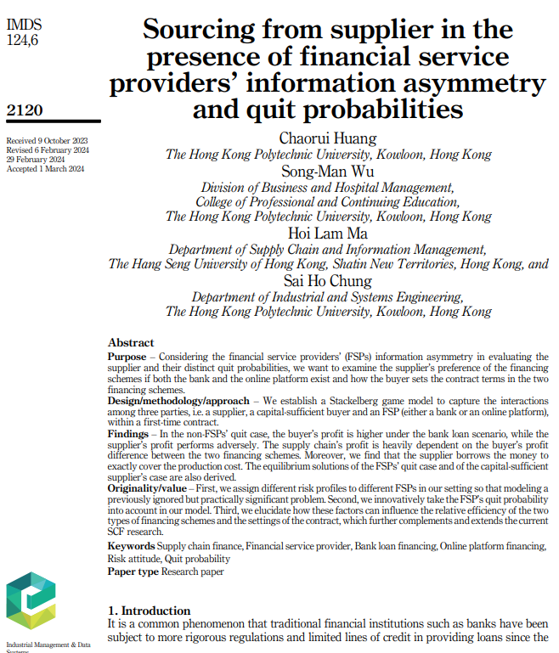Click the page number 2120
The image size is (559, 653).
(24, 110)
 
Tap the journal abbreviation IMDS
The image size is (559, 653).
(23, 25)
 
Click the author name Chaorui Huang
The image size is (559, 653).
(328, 138)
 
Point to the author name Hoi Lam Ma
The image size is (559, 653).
(328, 234)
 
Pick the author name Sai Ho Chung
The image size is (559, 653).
(328, 280)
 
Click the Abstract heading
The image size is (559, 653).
(131, 341)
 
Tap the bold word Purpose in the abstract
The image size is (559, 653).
(127, 357)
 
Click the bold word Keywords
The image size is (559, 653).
(131, 545)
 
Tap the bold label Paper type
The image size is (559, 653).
(133, 571)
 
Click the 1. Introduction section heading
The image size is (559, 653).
(149, 611)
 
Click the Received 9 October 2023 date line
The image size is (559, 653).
(47, 140)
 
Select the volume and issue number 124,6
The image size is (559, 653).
(22, 40)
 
